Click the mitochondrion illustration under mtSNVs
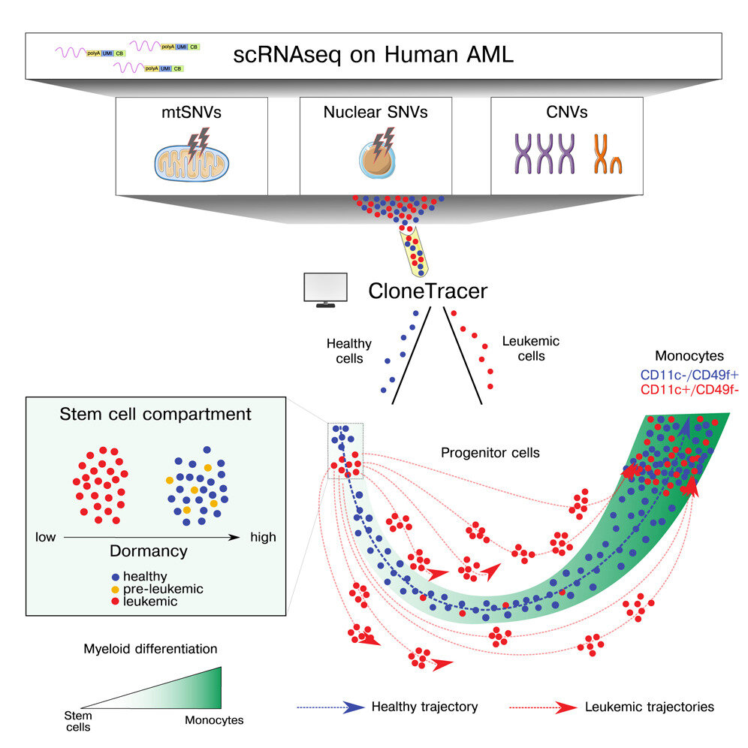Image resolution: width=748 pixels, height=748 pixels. [192, 163]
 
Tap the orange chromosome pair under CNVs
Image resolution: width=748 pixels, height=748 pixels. [608, 154]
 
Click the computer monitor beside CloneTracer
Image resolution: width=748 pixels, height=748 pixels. [326, 290]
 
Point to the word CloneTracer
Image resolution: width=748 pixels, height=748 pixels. [428, 291]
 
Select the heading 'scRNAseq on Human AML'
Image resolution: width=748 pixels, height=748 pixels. [373, 55]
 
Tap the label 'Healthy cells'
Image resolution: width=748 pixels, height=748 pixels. [349, 351]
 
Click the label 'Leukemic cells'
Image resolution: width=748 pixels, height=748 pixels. [531, 348]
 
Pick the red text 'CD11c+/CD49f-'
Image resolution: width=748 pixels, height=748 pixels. [689, 390]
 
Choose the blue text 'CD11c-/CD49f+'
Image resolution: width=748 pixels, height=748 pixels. [689, 375]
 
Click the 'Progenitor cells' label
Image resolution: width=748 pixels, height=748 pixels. [490, 453]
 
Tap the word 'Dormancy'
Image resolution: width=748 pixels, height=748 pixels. [149, 551]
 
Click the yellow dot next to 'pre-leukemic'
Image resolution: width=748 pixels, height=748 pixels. [115, 590]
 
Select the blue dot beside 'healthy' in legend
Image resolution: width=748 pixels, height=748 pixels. [115, 578]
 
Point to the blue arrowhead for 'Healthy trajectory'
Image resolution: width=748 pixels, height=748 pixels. [354, 707]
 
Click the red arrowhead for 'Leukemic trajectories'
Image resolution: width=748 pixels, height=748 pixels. [566, 707]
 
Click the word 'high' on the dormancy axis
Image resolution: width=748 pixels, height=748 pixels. [264, 537]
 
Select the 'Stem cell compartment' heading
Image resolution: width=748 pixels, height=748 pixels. [155, 414]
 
